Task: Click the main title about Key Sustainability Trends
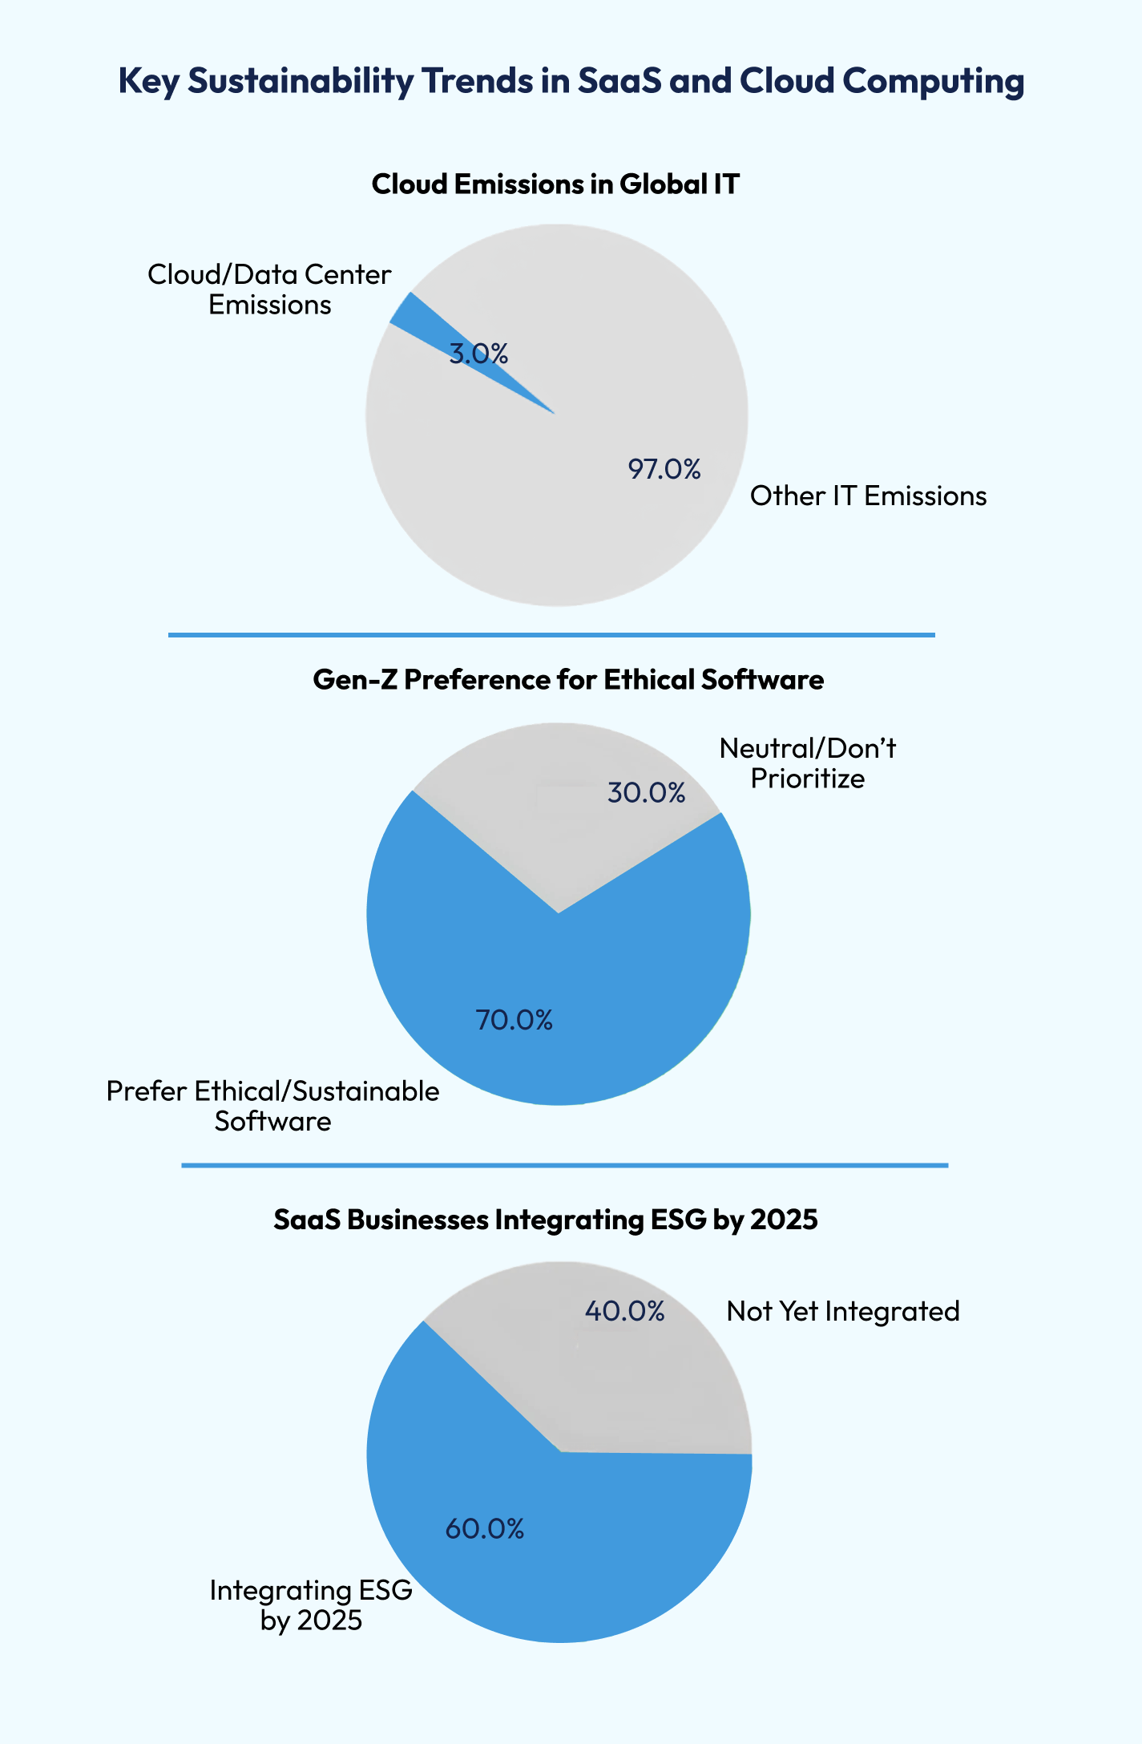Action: click(x=571, y=81)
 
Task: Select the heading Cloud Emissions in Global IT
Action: click(x=555, y=184)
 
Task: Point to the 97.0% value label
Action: click(x=664, y=469)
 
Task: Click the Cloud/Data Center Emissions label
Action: click(x=269, y=289)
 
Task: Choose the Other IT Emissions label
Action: click(x=868, y=496)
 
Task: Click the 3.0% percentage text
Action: click(x=478, y=354)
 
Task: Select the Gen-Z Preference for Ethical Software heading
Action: click(x=568, y=680)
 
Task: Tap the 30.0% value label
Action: click(x=646, y=793)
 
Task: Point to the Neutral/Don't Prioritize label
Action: click(x=808, y=763)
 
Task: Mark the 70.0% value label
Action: click(x=514, y=1020)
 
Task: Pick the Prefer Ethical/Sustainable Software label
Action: click(x=272, y=1106)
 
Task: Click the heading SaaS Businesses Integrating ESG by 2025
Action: click(x=546, y=1220)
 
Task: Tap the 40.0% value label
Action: click(x=624, y=1311)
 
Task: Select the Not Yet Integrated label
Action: click(x=843, y=1311)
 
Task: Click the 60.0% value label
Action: click(x=485, y=1529)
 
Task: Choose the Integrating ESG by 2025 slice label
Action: click(x=311, y=1604)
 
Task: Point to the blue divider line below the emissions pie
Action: click(x=551, y=635)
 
